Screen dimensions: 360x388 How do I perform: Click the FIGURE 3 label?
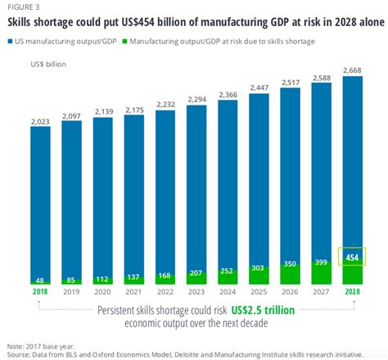pyautogui.click(x=24, y=6)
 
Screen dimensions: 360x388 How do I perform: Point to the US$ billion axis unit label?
pyautogui.click(x=46, y=62)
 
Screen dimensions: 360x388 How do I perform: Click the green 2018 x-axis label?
pyautogui.click(x=40, y=292)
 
